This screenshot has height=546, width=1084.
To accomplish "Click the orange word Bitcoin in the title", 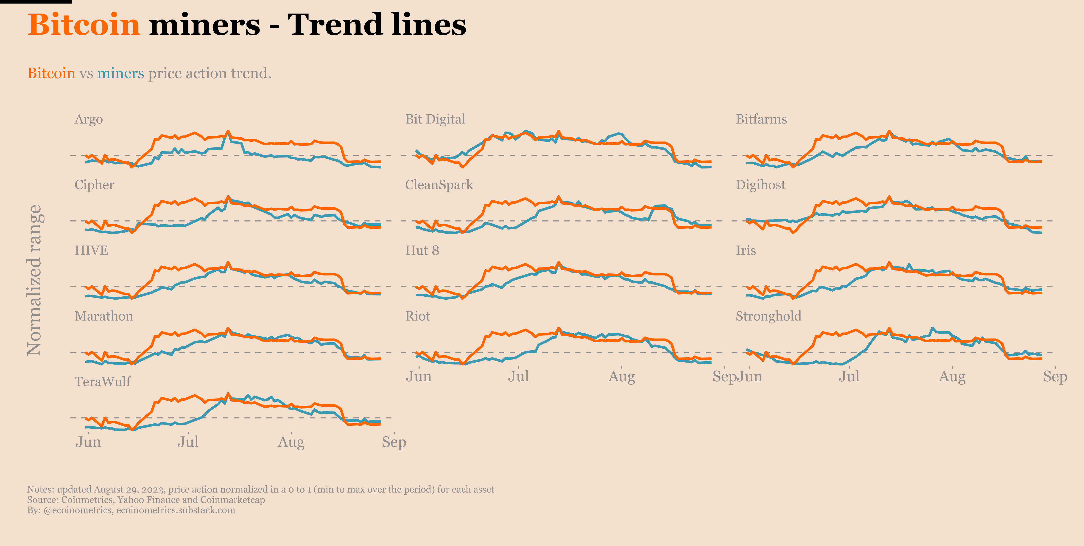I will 83,24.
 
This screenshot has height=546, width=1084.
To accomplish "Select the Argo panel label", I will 88,120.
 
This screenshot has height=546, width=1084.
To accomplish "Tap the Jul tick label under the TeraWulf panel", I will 188,442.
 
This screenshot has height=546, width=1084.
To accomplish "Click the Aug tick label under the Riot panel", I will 622,376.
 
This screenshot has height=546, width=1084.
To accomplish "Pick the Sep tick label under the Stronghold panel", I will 1055,376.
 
